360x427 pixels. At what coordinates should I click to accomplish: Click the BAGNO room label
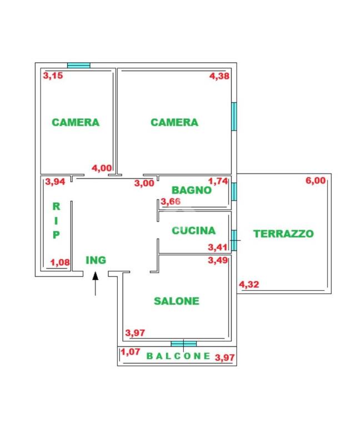[x=192, y=190]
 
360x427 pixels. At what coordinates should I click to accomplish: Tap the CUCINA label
[x=193, y=231]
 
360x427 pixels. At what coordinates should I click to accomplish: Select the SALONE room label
[x=177, y=301]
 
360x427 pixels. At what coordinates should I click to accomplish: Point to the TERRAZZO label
[x=283, y=234]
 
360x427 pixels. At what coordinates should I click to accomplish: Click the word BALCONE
[x=178, y=356]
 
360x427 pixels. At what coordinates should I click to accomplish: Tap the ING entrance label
[x=96, y=260]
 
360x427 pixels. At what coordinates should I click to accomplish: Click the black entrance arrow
[x=95, y=284]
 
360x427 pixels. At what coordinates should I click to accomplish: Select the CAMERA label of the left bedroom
[x=76, y=122]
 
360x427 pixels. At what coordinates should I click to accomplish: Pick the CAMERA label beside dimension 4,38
[x=174, y=122]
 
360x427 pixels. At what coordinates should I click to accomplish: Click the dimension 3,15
[x=53, y=76]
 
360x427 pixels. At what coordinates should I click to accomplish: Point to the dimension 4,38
[x=219, y=76]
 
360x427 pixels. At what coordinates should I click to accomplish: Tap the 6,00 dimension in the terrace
[x=316, y=181]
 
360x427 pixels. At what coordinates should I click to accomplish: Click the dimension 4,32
[x=249, y=285]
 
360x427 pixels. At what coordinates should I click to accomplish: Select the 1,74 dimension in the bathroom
[x=218, y=181]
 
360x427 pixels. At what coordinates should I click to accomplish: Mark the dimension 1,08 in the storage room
[x=60, y=262]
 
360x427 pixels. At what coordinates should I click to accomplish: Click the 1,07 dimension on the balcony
[x=131, y=352]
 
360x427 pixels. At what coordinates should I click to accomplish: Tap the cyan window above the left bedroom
[x=79, y=66]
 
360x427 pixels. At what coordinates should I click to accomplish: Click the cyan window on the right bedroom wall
[x=234, y=116]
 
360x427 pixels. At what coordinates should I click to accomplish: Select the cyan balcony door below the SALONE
[x=184, y=344]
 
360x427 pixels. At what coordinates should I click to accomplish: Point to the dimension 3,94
[x=55, y=182]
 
